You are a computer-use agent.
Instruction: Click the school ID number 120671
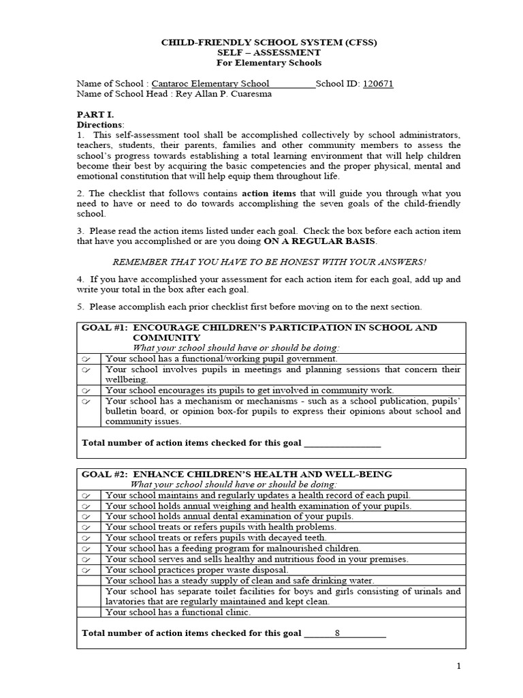(x=378, y=84)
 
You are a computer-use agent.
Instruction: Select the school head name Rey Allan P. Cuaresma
(x=224, y=94)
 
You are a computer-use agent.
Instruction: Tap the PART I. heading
(x=93, y=115)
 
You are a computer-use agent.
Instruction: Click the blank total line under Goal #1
(x=342, y=443)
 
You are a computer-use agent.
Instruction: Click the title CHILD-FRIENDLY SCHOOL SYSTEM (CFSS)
(x=268, y=42)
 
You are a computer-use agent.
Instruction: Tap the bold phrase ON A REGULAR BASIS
(x=319, y=241)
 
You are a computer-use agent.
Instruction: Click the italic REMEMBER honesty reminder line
(x=268, y=262)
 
